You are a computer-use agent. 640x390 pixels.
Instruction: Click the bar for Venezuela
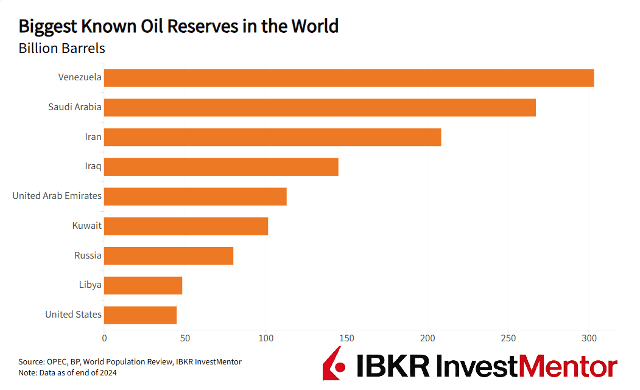[349, 78]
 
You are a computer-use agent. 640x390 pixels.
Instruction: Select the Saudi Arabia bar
[320, 108]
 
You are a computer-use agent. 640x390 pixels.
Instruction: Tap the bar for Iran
[272, 138]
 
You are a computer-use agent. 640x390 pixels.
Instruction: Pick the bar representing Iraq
[221, 167]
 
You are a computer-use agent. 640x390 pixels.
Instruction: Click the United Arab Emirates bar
[195, 197]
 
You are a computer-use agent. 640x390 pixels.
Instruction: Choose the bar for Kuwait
[186, 226]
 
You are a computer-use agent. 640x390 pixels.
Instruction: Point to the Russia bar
[169, 256]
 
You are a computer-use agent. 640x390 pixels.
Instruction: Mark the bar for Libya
[143, 285]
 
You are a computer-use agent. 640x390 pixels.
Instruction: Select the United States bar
[140, 315]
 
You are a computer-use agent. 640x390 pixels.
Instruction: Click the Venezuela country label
[80, 77]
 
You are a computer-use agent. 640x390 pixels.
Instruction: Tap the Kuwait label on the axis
[86, 226]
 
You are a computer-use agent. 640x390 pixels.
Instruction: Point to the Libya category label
[90, 285]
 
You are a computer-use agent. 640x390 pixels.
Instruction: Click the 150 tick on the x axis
[346, 337]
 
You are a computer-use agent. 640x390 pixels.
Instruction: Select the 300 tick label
[589, 337]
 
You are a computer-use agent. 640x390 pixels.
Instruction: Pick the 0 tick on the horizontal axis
[104, 337]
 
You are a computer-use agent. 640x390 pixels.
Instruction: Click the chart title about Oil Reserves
[178, 27]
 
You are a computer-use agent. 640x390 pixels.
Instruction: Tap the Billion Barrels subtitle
[62, 49]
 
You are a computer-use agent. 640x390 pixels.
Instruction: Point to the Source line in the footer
[130, 362]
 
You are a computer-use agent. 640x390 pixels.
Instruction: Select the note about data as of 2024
[67, 373]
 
